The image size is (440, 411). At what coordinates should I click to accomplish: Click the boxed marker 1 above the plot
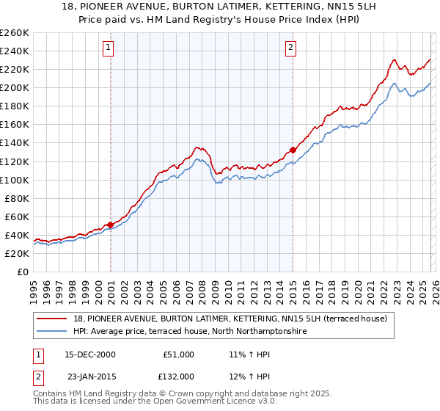108,48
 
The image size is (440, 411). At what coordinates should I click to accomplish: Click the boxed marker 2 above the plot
290,48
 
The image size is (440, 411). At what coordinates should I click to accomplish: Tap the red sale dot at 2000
111,225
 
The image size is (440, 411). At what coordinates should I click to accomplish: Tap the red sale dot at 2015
293,150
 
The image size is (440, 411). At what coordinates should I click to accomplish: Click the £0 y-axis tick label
22,272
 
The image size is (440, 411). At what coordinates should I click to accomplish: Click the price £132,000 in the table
178,376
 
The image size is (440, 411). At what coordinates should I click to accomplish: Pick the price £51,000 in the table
178,354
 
